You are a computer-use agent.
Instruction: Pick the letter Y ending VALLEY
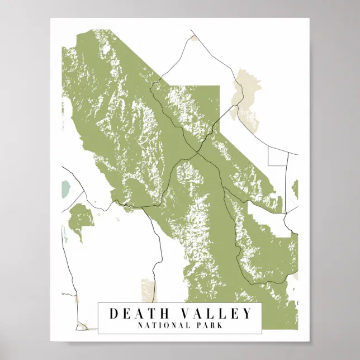[x=248, y=314]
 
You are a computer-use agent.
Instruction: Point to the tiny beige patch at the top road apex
[x=193, y=39]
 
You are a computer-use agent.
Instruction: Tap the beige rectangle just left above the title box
[x=149, y=290]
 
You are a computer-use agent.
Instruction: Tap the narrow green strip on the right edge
[x=295, y=190]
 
